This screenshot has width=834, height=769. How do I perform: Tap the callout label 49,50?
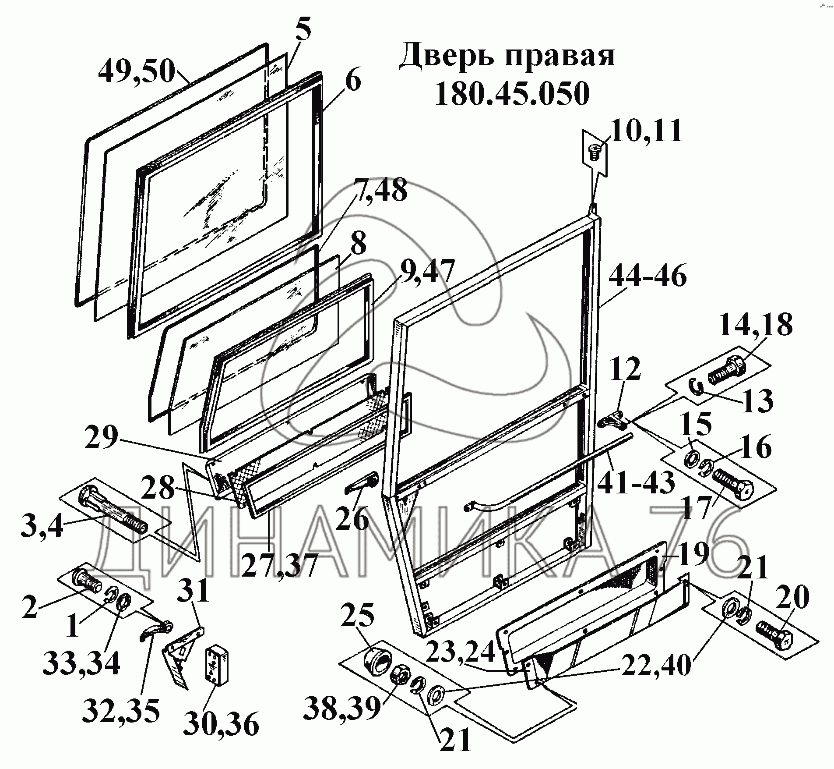tap(136, 71)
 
